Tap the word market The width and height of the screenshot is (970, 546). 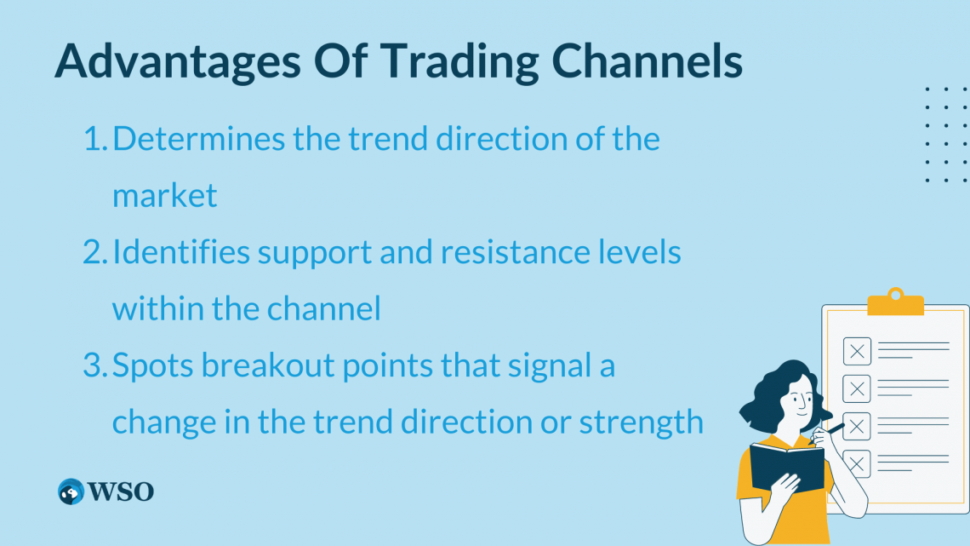(165, 196)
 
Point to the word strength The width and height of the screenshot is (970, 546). (642, 422)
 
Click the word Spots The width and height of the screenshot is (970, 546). (153, 366)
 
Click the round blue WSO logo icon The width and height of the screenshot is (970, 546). (71, 491)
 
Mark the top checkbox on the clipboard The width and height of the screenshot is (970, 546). (856, 350)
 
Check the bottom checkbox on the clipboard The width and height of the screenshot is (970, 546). (858, 463)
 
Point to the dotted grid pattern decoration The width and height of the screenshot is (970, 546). (946, 134)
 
